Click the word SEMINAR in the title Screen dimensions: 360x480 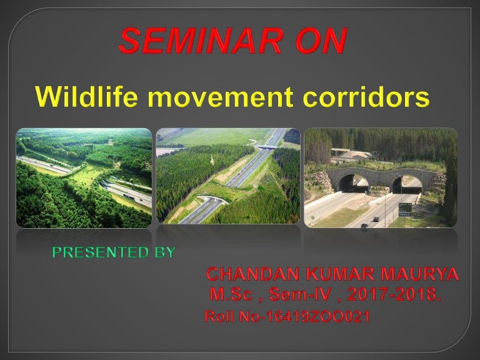pos(199,41)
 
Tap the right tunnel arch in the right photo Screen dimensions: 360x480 pos(407,183)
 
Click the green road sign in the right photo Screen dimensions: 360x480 pos(405,207)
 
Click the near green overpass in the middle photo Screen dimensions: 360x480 pos(212,200)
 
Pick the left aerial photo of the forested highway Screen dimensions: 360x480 pos(84,177)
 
